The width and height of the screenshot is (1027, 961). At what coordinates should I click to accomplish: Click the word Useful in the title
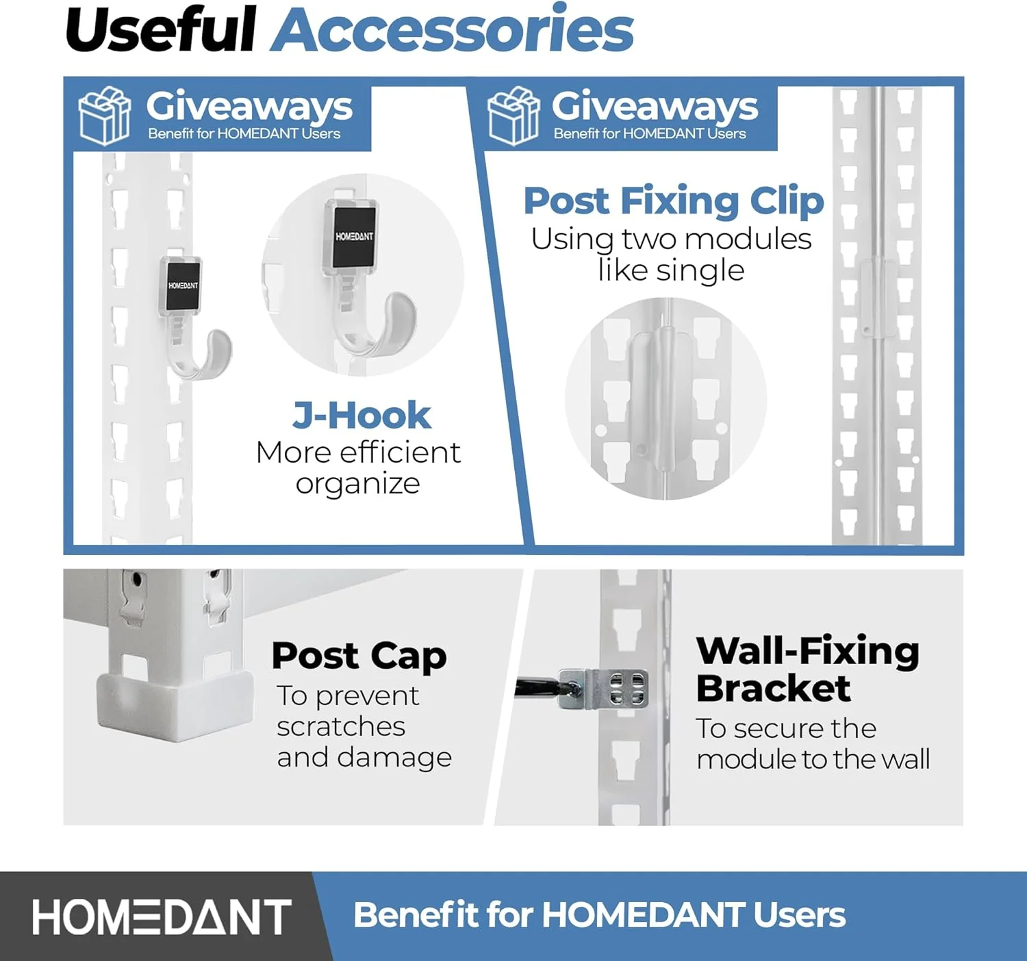point(160,30)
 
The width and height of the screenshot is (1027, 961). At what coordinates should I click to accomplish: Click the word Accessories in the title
point(452,30)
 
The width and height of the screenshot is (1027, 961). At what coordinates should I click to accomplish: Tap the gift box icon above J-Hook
point(104,116)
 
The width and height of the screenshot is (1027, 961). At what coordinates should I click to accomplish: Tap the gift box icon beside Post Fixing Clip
point(513,116)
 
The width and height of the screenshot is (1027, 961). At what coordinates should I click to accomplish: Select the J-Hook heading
point(362,415)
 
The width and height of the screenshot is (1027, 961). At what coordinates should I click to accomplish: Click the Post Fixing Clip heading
point(674,201)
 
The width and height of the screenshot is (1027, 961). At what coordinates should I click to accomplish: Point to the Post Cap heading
point(359,656)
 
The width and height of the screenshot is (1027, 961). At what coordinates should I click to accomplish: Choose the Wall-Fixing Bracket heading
point(807,669)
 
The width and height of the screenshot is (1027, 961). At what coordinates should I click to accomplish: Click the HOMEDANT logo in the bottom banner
point(162,917)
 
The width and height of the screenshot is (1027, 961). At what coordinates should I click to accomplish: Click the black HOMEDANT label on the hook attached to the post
point(182,285)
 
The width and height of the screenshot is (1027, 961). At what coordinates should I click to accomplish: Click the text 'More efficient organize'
point(358,468)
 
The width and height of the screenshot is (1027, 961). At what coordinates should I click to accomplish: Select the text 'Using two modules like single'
point(671,255)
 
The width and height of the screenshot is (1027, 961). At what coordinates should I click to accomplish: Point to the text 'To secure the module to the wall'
point(812,744)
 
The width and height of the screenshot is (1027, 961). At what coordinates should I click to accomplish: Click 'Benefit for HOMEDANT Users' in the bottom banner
point(599,915)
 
